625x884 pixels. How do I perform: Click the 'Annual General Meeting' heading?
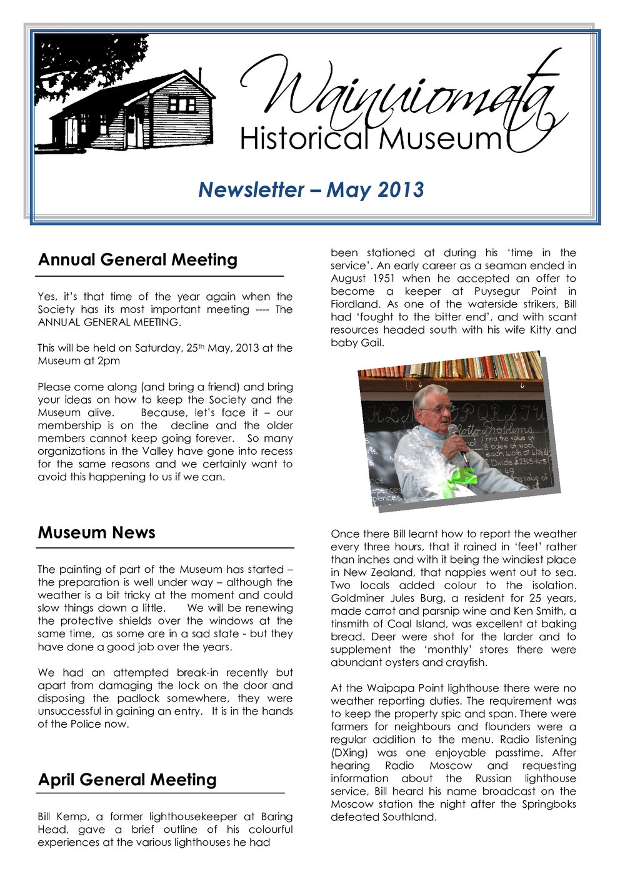coord(137,260)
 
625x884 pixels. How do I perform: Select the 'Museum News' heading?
coord(96,533)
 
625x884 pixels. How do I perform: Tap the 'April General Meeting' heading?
coord(127,780)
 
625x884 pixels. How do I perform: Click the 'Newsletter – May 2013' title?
coord(311,189)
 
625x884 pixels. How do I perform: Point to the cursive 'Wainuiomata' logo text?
coord(400,94)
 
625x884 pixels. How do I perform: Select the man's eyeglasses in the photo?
coord(436,409)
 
